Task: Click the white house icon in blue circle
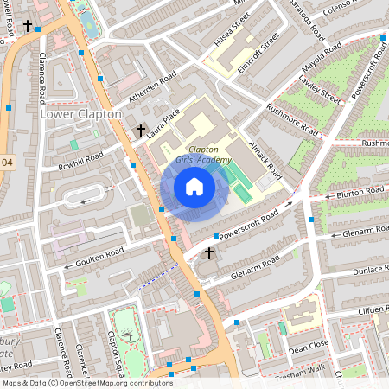(194, 186)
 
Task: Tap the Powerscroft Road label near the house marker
(248, 223)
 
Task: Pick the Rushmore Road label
(291, 121)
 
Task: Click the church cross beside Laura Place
(139, 131)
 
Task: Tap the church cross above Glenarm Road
(207, 253)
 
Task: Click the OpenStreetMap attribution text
(87, 382)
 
